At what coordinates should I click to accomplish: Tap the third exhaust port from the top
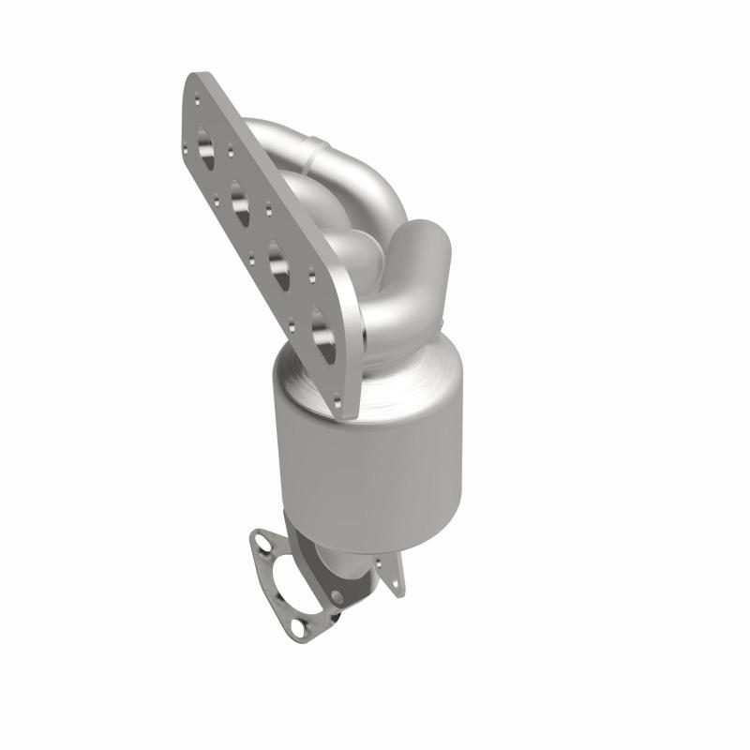277,257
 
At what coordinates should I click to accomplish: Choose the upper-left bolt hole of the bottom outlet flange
258,540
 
